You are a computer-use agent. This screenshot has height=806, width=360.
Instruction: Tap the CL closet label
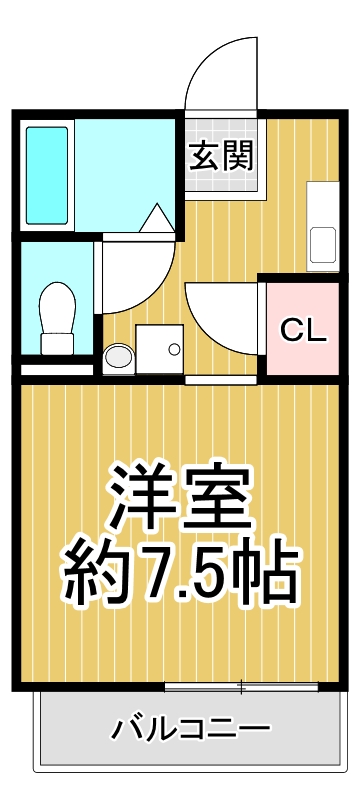[x=302, y=331]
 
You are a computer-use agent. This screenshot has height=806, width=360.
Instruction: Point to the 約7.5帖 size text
[x=180, y=571]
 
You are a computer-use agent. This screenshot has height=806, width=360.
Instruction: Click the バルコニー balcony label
[x=190, y=727]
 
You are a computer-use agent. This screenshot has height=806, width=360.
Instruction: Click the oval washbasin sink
[x=118, y=356]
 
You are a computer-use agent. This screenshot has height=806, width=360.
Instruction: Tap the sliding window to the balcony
[x=241, y=686]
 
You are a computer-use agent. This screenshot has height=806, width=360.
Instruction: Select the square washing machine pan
[x=160, y=349]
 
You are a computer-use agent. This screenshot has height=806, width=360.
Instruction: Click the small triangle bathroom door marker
[x=157, y=218]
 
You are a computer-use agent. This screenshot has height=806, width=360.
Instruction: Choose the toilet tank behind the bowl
[x=58, y=343]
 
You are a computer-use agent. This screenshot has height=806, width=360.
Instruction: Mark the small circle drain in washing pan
[x=174, y=350]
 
